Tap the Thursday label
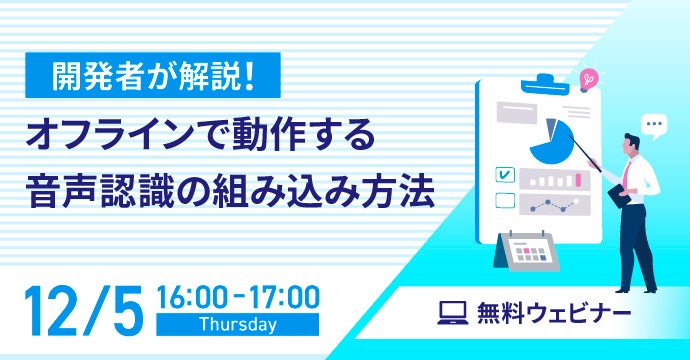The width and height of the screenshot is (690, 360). pyautogui.click(x=239, y=324)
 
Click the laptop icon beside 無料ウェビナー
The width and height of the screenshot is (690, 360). pyautogui.click(x=453, y=312)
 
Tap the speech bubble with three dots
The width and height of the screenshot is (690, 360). pyautogui.click(x=655, y=125)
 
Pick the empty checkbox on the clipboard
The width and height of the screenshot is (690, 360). pyautogui.click(x=505, y=200)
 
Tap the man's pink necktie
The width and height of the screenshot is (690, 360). pyautogui.click(x=627, y=175)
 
